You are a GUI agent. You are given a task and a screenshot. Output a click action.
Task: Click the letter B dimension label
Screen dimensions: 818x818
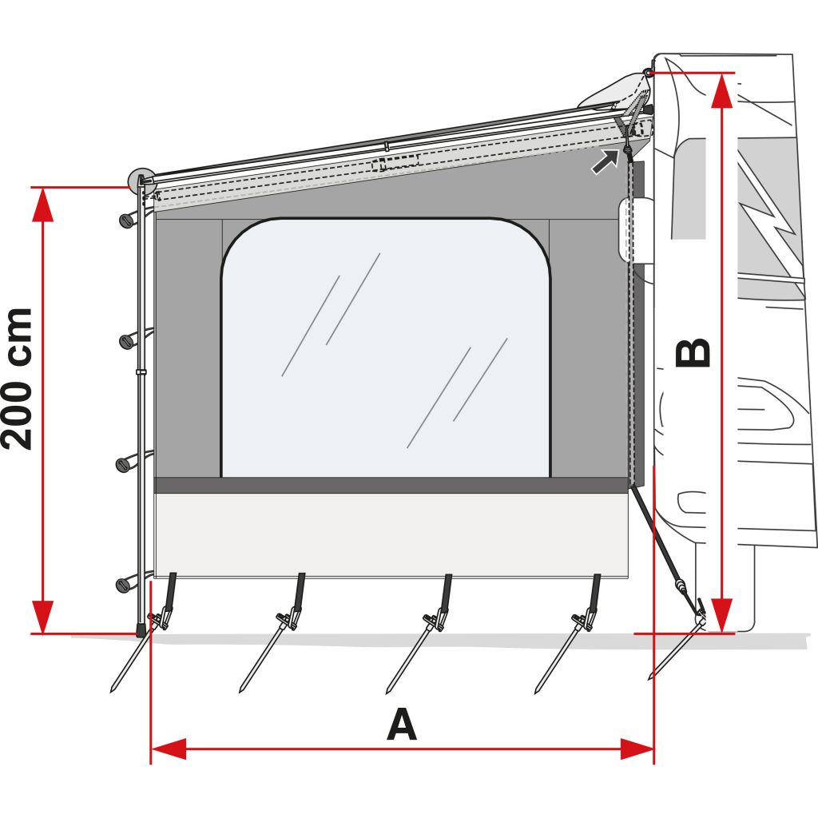coord(693,352)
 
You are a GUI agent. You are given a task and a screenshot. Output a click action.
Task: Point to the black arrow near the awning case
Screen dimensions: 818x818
coord(605,160)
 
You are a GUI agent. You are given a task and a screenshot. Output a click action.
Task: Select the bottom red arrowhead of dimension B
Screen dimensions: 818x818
coord(721,615)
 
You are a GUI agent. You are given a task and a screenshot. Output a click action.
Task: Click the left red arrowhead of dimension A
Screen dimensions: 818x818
coord(169,749)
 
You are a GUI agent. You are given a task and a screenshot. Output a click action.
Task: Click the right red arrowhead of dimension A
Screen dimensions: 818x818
coord(637,749)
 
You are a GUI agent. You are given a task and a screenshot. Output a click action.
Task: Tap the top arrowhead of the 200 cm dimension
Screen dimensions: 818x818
coord(43,206)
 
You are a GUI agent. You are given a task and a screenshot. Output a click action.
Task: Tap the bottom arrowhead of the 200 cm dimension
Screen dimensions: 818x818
coord(43,616)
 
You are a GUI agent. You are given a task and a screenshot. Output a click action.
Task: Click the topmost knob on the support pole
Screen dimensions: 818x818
coord(125,220)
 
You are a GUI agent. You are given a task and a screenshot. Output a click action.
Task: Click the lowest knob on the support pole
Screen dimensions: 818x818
coord(124,586)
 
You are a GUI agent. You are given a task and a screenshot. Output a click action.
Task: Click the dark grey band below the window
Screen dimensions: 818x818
coord(391,485)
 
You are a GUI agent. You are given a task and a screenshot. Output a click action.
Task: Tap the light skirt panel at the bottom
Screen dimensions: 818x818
coord(391,534)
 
